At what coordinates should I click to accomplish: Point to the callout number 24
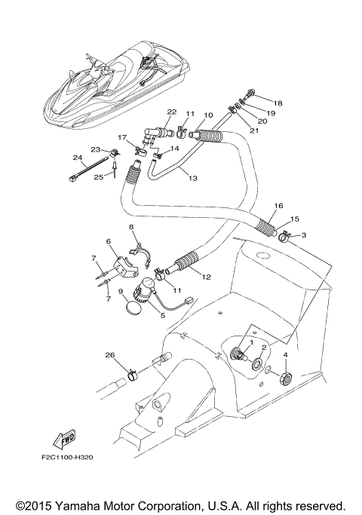tap(77, 157)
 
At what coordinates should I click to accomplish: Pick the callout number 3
tap(304, 235)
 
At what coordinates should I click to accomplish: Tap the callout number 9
tap(120, 291)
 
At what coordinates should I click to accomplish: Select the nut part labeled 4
tap(286, 376)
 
